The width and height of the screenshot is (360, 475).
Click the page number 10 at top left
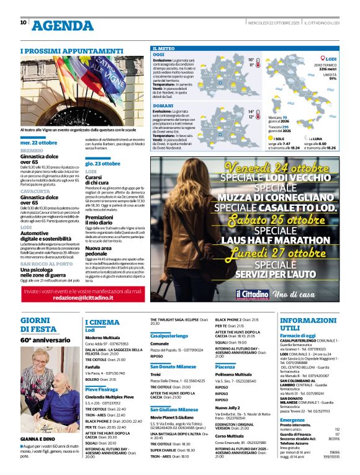[x=24, y=22]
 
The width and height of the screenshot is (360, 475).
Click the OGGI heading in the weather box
[x=159, y=54]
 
